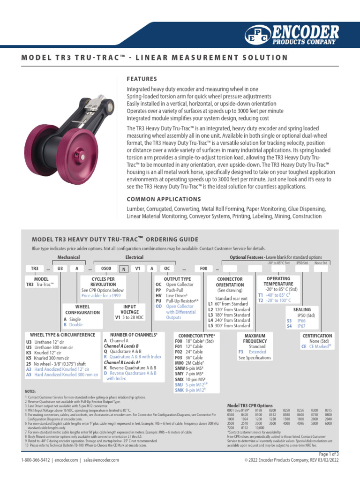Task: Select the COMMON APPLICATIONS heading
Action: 164,199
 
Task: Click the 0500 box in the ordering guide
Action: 106,269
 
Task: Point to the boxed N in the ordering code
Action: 123,269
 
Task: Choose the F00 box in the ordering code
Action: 203,269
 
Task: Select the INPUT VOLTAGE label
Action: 129,309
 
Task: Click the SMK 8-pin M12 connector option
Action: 189,390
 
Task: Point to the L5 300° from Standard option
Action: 229,325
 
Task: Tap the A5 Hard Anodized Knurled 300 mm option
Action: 62,375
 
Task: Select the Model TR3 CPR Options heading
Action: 249,405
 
